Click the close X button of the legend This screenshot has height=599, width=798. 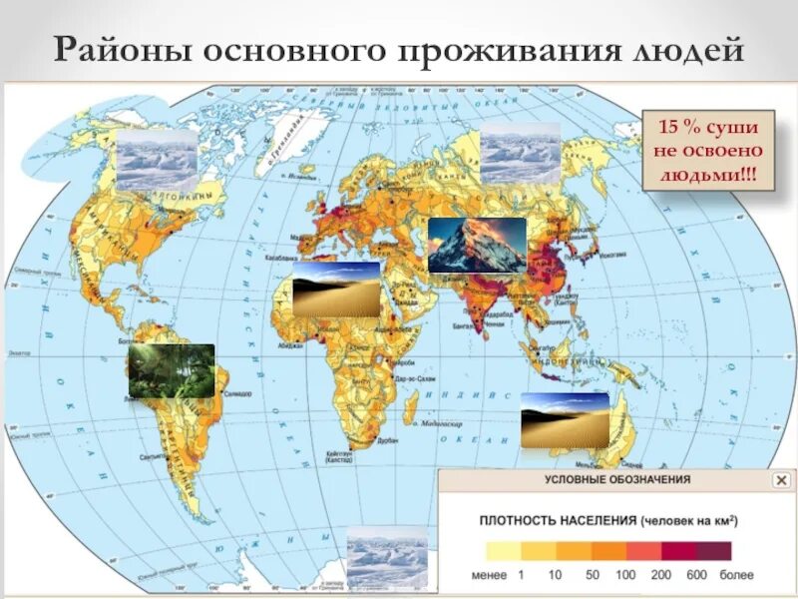(781, 480)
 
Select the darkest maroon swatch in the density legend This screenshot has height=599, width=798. (715, 551)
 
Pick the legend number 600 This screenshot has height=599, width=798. (698, 576)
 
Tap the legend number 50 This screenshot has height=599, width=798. (592, 576)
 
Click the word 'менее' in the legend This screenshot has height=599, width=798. (488, 576)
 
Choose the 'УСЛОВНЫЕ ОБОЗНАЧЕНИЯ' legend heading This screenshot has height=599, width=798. (617, 480)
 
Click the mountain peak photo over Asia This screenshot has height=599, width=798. (477, 245)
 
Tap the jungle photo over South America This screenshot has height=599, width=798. (171, 370)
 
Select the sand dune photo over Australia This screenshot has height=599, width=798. (565, 419)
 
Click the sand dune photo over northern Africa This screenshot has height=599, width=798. (336, 290)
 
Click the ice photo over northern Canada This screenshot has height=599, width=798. (158, 157)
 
